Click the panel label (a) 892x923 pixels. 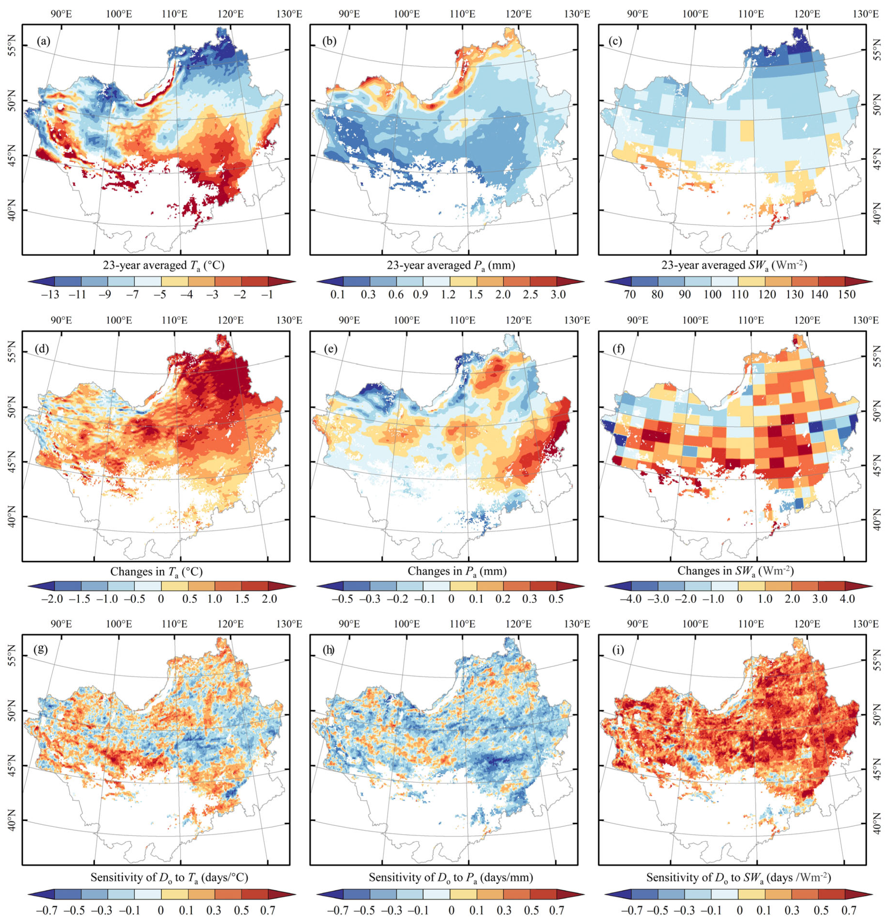point(43,41)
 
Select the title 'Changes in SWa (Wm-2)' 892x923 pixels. point(735,571)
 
